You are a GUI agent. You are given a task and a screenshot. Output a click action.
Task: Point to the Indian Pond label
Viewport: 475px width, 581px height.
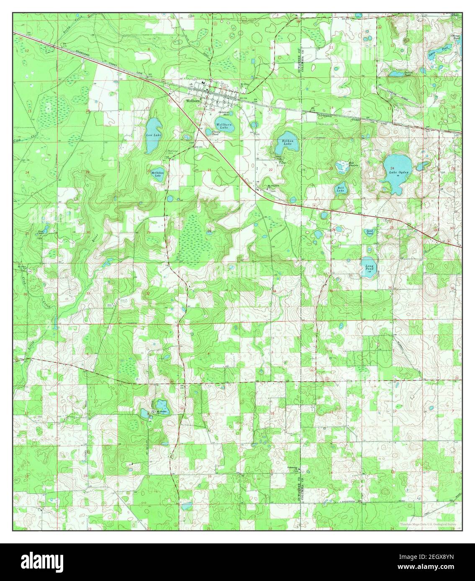(397, 73)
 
